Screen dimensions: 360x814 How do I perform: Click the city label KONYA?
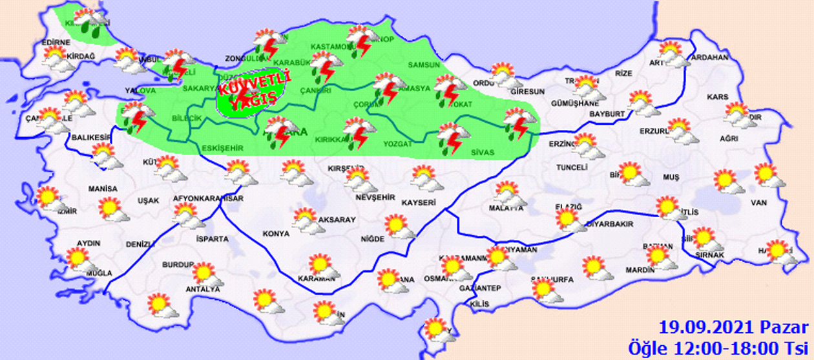click(x=276, y=233)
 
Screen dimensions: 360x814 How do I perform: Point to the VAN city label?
click(x=758, y=203)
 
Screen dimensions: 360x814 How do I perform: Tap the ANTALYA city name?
click(x=203, y=289)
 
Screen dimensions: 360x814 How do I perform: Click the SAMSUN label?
click(x=424, y=65)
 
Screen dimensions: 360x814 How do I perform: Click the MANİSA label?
click(x=103, y=189)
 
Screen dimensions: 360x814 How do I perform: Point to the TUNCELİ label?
click(x=572, y=167)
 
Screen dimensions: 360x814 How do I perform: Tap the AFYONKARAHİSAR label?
click(x=209, y=198)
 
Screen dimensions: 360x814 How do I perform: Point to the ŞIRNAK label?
click(x=709, y=255)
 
